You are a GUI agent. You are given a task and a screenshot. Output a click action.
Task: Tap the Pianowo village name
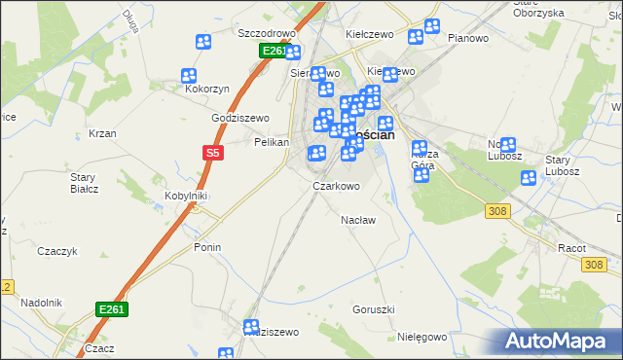coord(467,38)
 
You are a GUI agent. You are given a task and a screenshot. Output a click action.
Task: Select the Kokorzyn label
coord(207,89)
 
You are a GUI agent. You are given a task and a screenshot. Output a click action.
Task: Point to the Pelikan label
coord(272,142)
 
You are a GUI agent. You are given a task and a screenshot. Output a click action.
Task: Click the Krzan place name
coord(102,133)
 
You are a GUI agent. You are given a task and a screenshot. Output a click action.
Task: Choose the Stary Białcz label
coord(84,182)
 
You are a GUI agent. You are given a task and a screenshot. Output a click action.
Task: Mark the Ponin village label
coord(206,247)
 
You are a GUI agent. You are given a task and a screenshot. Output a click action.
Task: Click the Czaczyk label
coord(56,251)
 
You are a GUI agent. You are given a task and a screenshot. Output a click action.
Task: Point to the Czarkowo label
coord(336,186)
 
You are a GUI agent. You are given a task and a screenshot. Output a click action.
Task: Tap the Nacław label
coord(358,220)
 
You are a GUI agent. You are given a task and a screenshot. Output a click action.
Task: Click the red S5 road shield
coord(213,152)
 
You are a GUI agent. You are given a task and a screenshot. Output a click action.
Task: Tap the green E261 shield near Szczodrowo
coord(275,51)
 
